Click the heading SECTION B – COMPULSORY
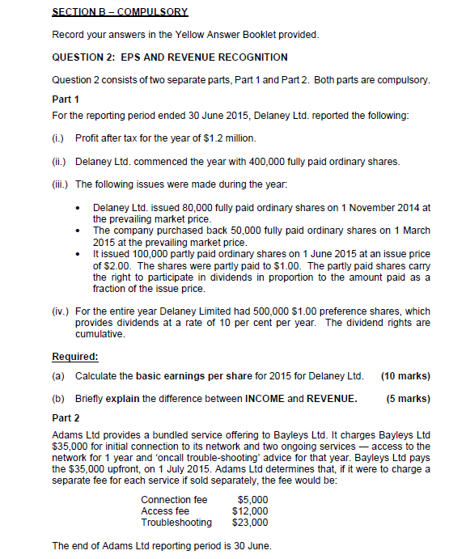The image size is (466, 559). pyautogui.click(x=120, y=12)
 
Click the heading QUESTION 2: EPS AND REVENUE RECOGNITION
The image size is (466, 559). pyautogui.click(x=169, y=57)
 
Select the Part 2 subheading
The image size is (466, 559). pyautogui.click(x=66, y=418)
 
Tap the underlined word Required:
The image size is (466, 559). pyautogui.click(x=75, y=357)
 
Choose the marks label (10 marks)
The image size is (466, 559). pyautogui.click(x=405, y=376)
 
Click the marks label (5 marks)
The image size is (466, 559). pyautogui.click(x=408, y=398)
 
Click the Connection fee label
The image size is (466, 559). pyautogui.click(x=174, y=500)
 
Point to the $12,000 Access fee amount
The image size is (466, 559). pyautogui.click(x=250, y=511)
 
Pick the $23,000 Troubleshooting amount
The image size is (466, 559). pyautogui.click(x=250, y=523)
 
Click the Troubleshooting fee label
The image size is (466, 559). pyautogui.click(x=176, y=523)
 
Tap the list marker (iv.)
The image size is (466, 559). pyautogui.click(x=61, y=311)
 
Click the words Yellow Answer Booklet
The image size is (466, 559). pyautogui.click(x=215, y=35)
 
